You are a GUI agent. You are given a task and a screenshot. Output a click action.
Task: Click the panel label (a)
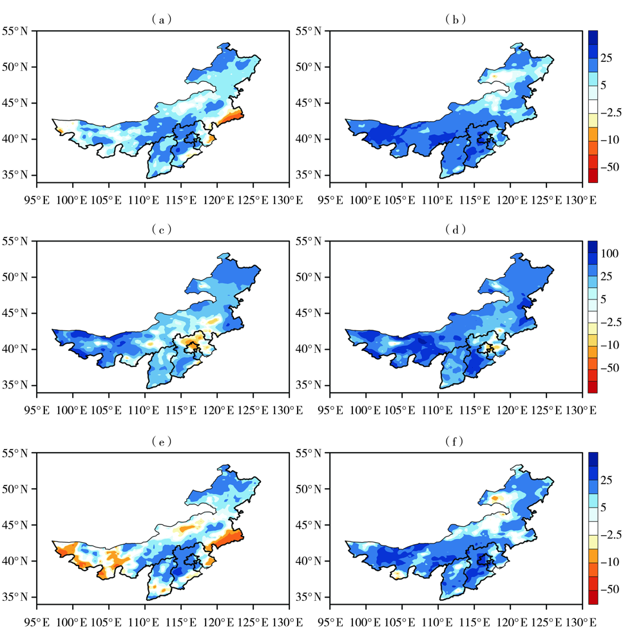pyautogui.click(x=162, y=19)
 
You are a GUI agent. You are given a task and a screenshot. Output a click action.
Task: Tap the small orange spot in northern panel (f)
pyautogui.click(x=495, y=497)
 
